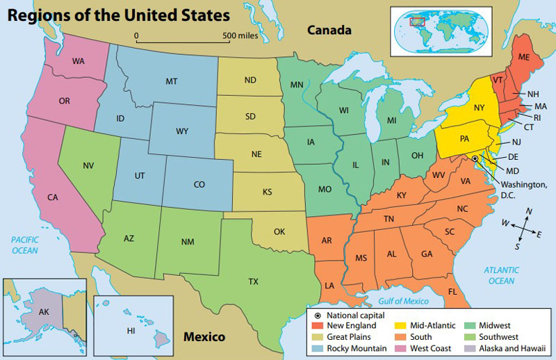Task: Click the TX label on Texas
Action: (254, 281)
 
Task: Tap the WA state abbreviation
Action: (78, 61)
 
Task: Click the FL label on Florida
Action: (452, 291)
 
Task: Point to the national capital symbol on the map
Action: (475, 159)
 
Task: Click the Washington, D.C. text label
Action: (516, 190)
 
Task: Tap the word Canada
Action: (329, 30)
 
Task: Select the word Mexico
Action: (204, 338)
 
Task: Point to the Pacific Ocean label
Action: (24, 245)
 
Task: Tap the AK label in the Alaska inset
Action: (43, 312)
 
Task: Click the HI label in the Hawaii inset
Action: (131, 331)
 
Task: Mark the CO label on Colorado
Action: (199, 185)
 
